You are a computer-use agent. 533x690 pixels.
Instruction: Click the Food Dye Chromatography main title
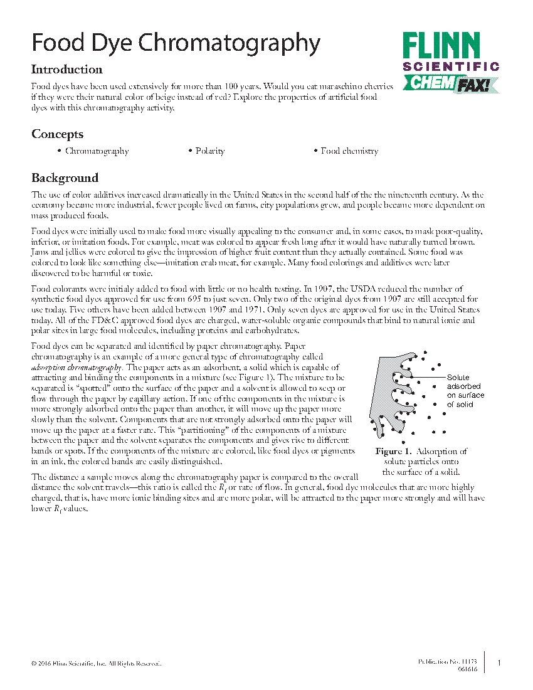pyautogui.click(x=176, y=44)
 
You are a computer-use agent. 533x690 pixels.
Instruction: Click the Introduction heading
pyautogui.click(x=67, y=70)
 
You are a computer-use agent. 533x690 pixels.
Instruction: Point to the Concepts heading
pyautogui.click(x=57, y=134)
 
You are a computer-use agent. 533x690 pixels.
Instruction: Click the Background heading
pyautogui.click(x=65, y=178)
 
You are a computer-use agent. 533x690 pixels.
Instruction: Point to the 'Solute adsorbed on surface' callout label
pyautogui.click(x=465, y=391)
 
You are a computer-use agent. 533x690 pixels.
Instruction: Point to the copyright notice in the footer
pyautogui.click(x=96, y=663)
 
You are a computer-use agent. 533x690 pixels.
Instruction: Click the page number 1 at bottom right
pyautogui.click(x=499, y=663)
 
